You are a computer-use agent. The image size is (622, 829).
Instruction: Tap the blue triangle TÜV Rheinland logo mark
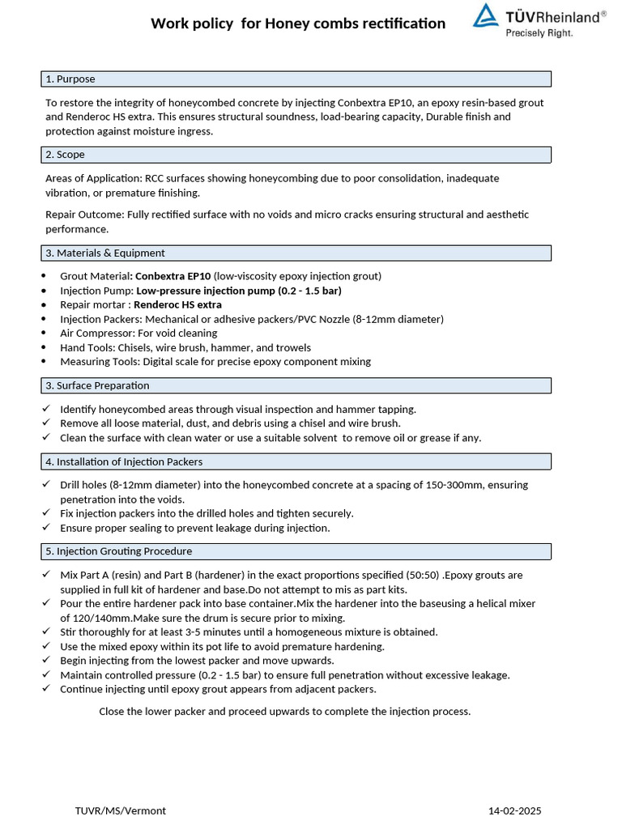(486, 15)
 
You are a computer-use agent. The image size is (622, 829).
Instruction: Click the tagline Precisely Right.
(539, 33)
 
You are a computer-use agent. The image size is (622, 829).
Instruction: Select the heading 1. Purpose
(70, 79)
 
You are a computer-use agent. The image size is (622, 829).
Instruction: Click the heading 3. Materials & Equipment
(105, 253)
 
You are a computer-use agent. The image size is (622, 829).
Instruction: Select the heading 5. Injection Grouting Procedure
(119, 551)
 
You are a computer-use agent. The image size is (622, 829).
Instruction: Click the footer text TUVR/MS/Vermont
(121, 810)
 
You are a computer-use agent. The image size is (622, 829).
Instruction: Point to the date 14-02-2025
(515, 810)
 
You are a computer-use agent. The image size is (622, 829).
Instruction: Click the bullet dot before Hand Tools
(44, 347)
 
